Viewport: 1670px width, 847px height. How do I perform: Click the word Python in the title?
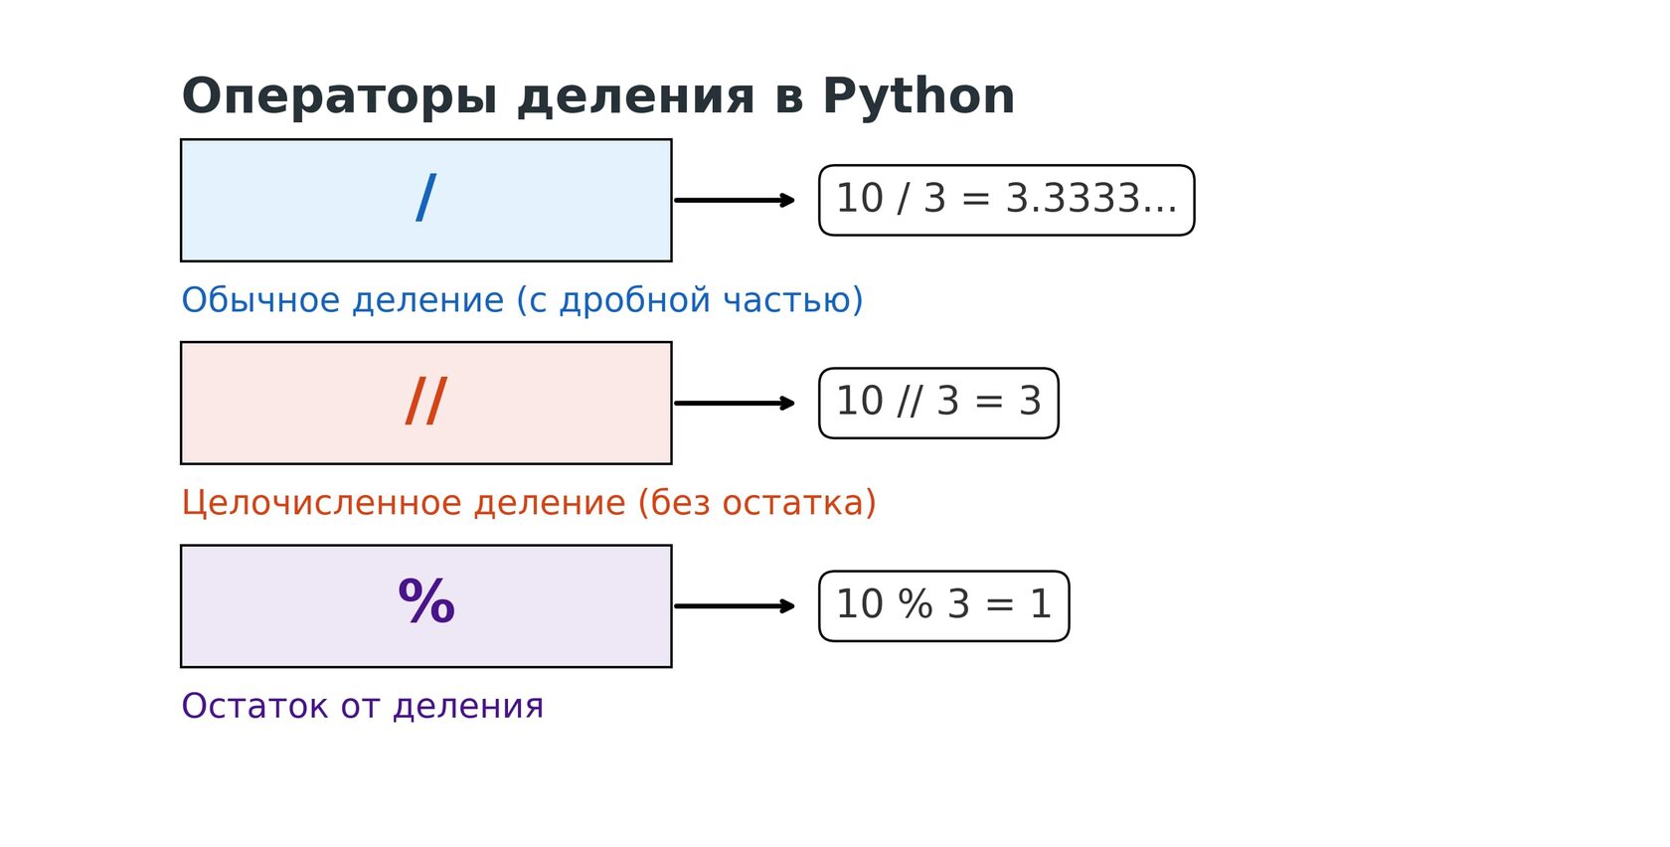coord(918,97)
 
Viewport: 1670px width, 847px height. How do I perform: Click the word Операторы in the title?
coord(339,97)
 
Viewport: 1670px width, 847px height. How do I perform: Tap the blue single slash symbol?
coord(425,199)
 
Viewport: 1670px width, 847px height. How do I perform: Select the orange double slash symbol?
coord(425,402)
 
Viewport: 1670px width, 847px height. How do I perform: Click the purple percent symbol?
coord(425,602)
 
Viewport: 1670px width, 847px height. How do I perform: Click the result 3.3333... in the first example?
coord(1090,199)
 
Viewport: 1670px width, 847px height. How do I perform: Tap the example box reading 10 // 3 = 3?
coord(937,402)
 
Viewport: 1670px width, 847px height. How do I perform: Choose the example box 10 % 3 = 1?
coord(942,604)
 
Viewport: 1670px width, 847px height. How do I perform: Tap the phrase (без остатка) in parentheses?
coord(756,503)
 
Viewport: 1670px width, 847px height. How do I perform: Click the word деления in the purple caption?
coord(468,706)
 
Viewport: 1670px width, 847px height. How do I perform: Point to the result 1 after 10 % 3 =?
coord(1040,604)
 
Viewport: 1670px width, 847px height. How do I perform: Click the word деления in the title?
coord(636,97)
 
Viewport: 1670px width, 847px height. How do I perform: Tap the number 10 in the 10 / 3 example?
coord(859,199)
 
